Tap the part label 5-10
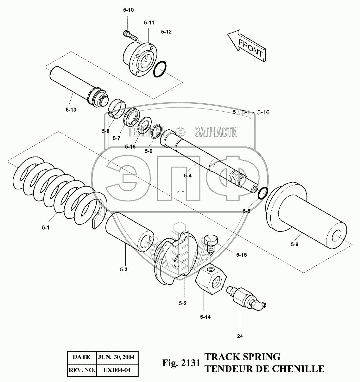tap(128, 10)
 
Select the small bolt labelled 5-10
tap(129, 34)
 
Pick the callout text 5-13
tap(71, 110)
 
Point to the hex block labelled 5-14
tap(211, 278)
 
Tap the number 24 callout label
tap(240, 336)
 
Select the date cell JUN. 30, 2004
tap(116, 357)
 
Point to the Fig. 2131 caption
tap(181, 363)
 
